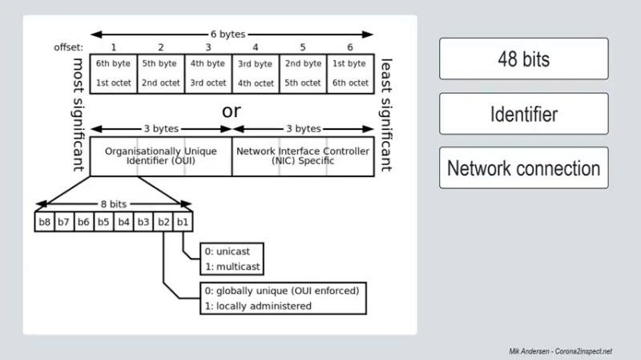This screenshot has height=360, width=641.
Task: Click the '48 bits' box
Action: (x=523, y=59)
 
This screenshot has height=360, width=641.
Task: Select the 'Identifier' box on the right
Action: (x=523, y=114)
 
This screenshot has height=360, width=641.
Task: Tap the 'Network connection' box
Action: (x=523, y=168)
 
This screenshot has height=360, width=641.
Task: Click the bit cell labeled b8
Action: (x=45, y=222)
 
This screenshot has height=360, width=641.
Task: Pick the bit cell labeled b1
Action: (x=183, y=222)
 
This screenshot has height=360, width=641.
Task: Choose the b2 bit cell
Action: (x=163, y=222)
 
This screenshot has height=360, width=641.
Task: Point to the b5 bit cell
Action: (x=104, y=222)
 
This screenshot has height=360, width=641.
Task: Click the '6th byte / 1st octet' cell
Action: (x=114, y=73)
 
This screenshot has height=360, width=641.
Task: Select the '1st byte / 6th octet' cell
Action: (x=349, y=73)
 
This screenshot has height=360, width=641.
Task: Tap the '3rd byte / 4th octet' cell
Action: (x=256, y=73)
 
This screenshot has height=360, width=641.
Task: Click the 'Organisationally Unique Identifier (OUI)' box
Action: (x=161, y=156)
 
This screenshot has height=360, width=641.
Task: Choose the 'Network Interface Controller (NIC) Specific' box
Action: (x=302, y=156)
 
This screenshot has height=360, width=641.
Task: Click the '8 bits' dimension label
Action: (x=114, y=204)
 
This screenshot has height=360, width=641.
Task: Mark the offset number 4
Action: (x=256, y=48)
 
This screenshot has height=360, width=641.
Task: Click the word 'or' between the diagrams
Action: (x=231, y=111)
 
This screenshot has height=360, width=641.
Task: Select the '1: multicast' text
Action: (x=232, y=266)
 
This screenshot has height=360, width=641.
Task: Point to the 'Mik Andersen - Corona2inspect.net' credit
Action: (x=560, y=351)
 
